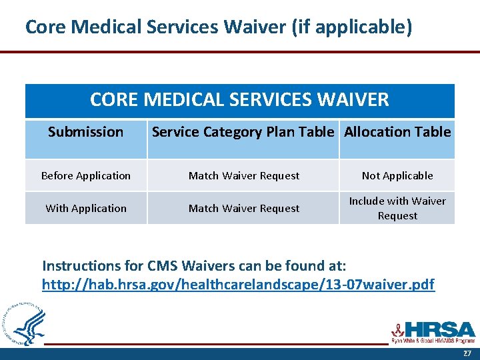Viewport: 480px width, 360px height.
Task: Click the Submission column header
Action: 85,132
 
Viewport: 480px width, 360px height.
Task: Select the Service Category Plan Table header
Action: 243,132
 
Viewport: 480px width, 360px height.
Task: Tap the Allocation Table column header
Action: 397,132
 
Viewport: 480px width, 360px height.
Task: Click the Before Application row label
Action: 86,176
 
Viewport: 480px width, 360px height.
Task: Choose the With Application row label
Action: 86,208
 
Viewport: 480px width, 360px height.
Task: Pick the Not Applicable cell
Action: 397,176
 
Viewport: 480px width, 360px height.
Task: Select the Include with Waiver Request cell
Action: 397,208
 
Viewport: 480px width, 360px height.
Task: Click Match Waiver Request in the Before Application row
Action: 244,176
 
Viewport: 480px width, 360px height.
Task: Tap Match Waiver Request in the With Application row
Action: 244,208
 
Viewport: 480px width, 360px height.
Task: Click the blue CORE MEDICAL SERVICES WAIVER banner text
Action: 239,100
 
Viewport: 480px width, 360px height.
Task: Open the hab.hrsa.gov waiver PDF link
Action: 238,285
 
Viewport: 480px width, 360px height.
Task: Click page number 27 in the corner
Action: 466,353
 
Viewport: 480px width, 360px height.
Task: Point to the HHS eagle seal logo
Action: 24,324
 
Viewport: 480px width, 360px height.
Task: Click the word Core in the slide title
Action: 45,27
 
